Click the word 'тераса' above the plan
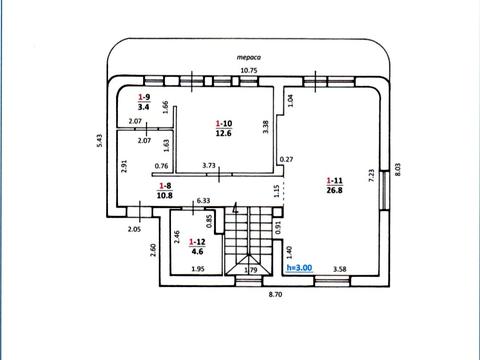(249, 57)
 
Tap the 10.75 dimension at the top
(249, 71)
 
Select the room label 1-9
(144, 97)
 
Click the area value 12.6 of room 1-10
(224, 133)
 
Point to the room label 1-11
(334, 181)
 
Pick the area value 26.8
(334, 190)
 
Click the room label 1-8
(165, 186)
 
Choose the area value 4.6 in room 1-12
(197, 251)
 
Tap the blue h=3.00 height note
(299, 268)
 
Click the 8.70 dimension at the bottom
(275, 294)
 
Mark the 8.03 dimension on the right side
(397, 169)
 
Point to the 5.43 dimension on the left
(99, 141)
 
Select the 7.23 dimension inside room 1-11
(372, 175)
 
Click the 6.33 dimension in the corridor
(203, 201)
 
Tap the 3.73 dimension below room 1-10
(209, 165)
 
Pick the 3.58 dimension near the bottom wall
(340, 269)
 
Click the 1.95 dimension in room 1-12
(198, 269)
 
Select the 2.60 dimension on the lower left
(153, 250)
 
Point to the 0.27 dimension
(286, 159)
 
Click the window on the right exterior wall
(384, 190)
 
